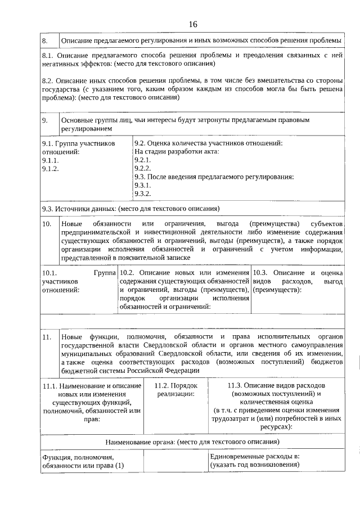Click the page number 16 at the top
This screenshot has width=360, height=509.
[193, 24]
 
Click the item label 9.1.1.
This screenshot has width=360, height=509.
[51, 160]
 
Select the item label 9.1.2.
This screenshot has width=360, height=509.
[51, 168]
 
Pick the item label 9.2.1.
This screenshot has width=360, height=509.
[142, 160]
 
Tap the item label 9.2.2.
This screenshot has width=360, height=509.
[142, 168]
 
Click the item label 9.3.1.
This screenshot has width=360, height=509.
[142, 185]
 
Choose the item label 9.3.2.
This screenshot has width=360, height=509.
[142, 193]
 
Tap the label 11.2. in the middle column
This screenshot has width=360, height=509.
[163, 385]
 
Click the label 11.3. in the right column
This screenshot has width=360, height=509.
[237, 385]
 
